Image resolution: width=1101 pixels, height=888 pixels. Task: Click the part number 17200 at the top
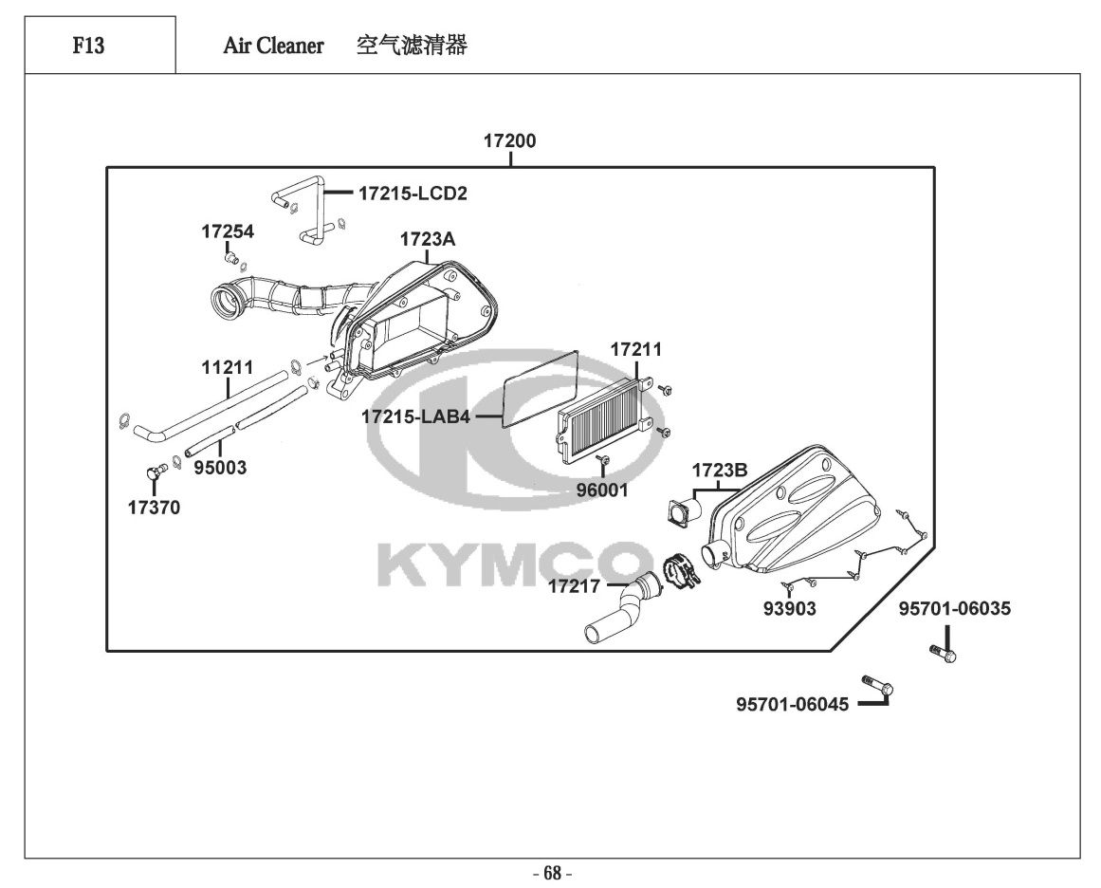(x=509, y=141)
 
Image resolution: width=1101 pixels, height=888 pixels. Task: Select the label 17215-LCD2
(x=413, y=194)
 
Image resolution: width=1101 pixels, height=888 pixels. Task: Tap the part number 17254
(x=228, y=231)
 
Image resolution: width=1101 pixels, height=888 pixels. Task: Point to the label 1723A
(x=427, y=240)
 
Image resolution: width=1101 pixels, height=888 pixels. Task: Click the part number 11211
(x=227, y=365)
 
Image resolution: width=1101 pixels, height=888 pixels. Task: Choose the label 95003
(x=220, y=468)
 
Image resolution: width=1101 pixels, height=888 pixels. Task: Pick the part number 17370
(x=154, y=508)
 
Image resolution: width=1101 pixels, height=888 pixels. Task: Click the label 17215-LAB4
(x=415, y=416)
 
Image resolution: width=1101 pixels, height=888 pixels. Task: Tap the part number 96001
(x=602, y=490)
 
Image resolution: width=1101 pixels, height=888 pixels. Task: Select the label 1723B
(x=719, y=470)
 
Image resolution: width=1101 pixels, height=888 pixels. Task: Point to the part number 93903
(x=789, y=609)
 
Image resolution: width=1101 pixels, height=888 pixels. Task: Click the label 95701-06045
(x=792, y=704)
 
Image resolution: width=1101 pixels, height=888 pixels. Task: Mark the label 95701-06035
(x=955, y=608)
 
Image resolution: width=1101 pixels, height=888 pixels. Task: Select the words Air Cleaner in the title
(x=273, y=46)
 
